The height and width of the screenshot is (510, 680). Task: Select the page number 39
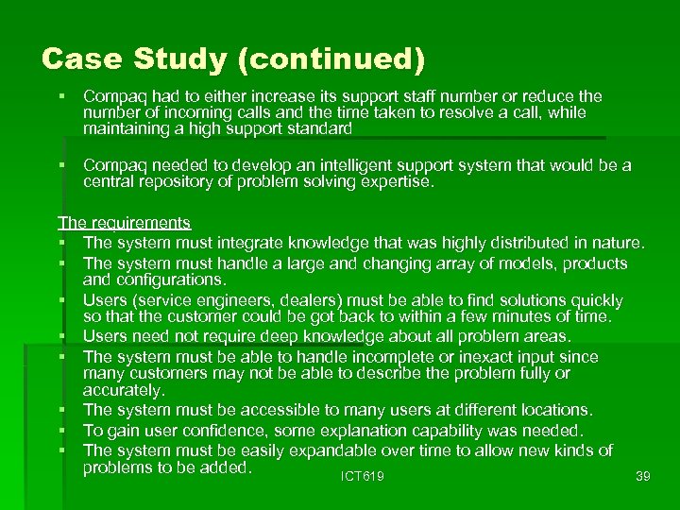(643, 477)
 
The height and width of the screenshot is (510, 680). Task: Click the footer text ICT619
(363, 477)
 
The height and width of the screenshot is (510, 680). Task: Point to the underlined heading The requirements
(124, 223)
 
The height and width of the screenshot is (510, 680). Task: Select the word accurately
(124, 390)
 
